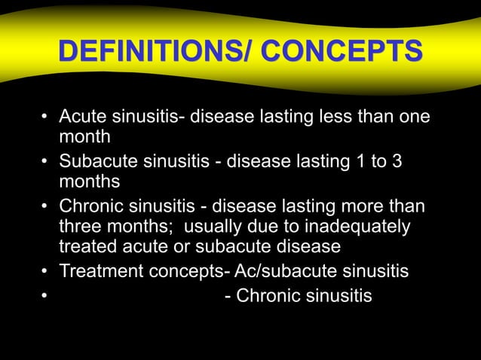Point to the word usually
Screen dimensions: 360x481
pos(213,227)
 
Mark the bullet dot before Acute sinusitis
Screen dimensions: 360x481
pos(45,119)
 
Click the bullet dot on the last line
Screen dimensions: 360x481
pos(45,297)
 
